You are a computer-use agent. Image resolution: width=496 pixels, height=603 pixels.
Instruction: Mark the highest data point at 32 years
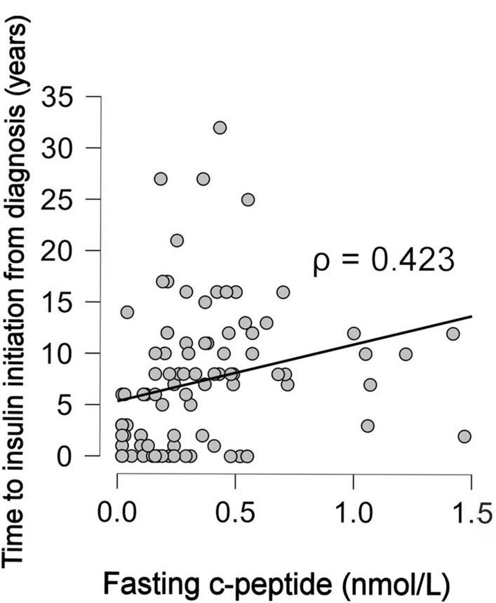pyautogui.click(x=220, y=128)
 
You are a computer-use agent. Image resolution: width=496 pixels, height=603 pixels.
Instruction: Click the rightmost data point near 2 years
pyautogui.click(x=464, y=436)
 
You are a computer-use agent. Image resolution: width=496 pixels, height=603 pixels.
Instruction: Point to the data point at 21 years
pyautogui.click(x=177, y=240)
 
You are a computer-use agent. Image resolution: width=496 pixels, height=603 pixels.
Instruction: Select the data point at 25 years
pyautogui.click(x=248, y=200)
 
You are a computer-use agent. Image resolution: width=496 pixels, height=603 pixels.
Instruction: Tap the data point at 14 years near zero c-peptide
pyautogui.click(x=127, y=312)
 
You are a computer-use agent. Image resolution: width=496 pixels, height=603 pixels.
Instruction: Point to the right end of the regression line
pyautogui.click(x=471, y=316)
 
